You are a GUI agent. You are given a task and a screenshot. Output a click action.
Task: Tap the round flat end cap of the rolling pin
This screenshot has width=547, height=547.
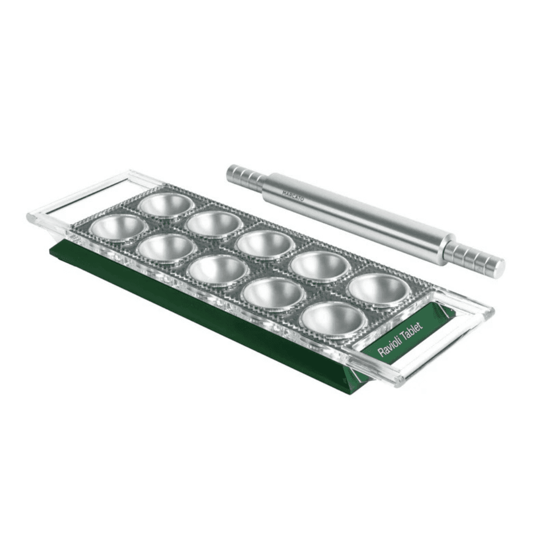point(498,267)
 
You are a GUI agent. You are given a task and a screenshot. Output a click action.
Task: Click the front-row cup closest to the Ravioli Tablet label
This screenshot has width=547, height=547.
point(333,319)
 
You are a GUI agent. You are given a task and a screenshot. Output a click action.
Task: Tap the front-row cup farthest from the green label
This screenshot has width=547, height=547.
point(118,228)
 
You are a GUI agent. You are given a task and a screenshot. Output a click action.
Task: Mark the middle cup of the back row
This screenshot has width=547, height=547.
point(265,244)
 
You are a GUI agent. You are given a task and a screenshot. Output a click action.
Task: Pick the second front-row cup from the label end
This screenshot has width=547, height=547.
point(272,294)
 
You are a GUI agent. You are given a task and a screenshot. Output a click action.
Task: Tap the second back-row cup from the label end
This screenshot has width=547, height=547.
point(319,266)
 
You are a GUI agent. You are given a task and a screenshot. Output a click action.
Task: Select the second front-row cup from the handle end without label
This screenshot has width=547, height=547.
point(167,248)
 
